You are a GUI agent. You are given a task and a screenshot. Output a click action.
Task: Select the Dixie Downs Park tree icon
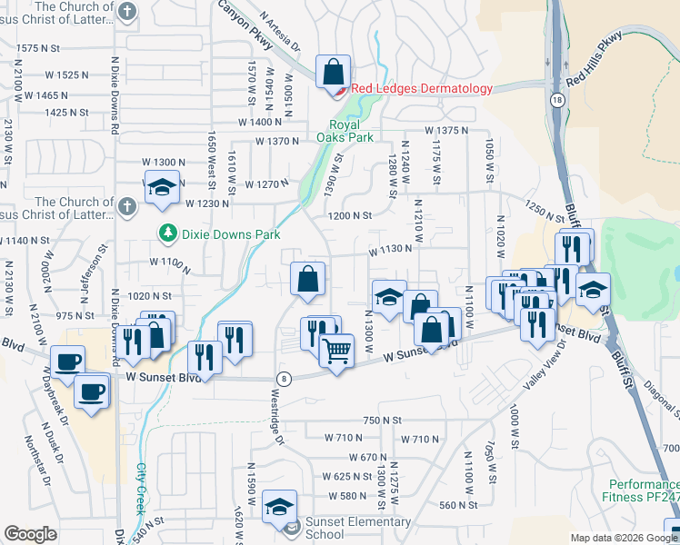(167, 234)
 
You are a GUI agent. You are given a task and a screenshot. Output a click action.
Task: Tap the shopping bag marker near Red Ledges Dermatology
(333, 72)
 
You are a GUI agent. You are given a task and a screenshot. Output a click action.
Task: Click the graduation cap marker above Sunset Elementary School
(279, 507)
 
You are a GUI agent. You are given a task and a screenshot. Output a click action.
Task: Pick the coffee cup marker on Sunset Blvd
(68, 362)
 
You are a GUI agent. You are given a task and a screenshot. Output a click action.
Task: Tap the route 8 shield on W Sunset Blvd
(285, 379)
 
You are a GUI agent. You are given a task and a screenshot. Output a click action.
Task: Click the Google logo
(30, 534)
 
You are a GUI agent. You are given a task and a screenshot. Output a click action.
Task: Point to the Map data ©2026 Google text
(624, 538)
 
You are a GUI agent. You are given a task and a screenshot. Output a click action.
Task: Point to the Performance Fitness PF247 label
(642, 490)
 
